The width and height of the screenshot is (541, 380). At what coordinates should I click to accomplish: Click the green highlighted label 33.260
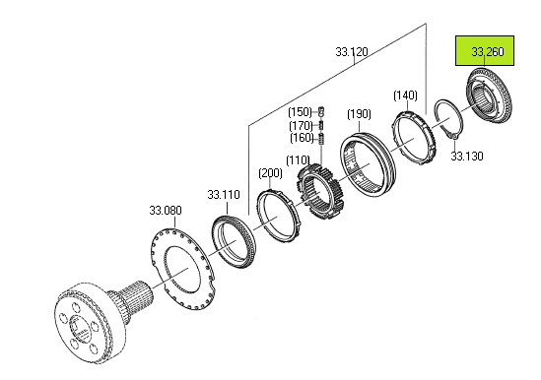[487, 52]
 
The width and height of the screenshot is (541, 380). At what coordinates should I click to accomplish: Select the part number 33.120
[352, 52]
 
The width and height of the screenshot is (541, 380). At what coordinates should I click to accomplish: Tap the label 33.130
[467, 157]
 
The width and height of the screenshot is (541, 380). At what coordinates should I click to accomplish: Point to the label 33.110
[224, 195]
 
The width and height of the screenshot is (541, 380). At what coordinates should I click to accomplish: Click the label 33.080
[166, 211]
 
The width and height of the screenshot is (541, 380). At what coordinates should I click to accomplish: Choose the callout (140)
[405, 95]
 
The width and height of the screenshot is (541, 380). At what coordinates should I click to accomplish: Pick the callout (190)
[359, 114]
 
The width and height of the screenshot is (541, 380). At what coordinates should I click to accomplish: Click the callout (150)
[301, 112]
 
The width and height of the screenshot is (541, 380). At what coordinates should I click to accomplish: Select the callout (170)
[301, 125]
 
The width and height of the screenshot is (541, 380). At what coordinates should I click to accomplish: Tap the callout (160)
[302, 138]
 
